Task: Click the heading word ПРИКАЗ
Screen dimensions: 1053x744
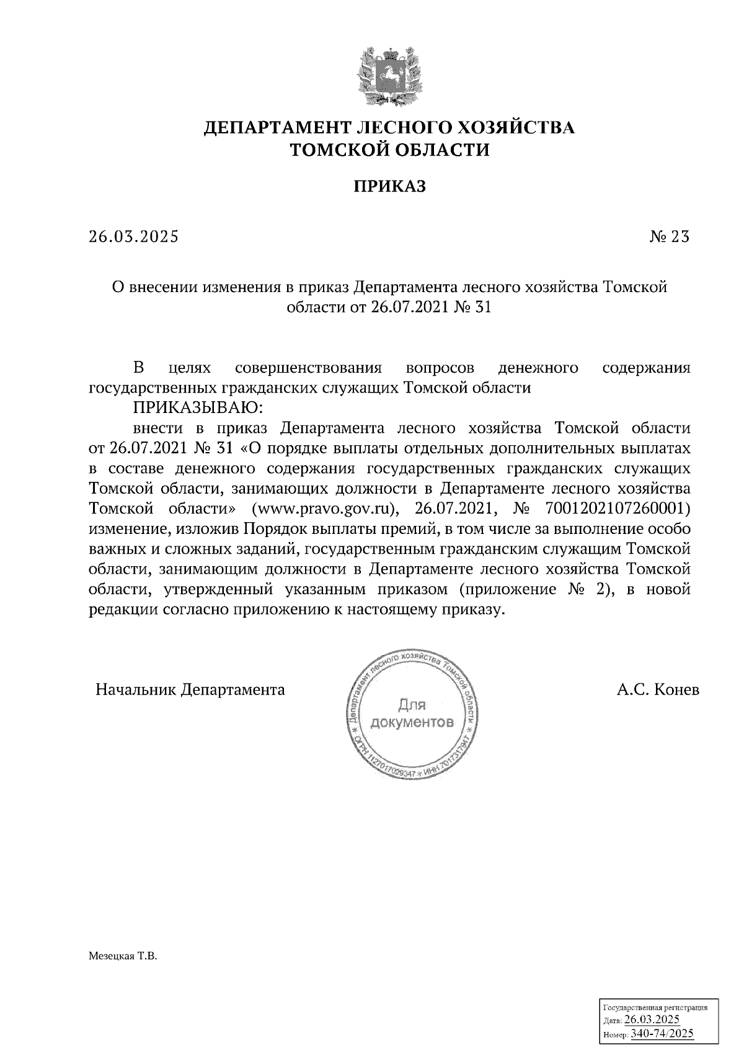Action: click(390, 186)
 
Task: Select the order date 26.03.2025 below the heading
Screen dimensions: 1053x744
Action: click(133, 237)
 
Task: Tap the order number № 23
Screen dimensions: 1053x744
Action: click(669, 237)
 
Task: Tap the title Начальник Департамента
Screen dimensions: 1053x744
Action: click(190, 690)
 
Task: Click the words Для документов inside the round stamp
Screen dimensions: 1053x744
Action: click(412, 714)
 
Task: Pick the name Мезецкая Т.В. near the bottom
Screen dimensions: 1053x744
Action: click(123, 957)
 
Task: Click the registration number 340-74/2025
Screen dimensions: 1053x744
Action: click(662, 1034)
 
